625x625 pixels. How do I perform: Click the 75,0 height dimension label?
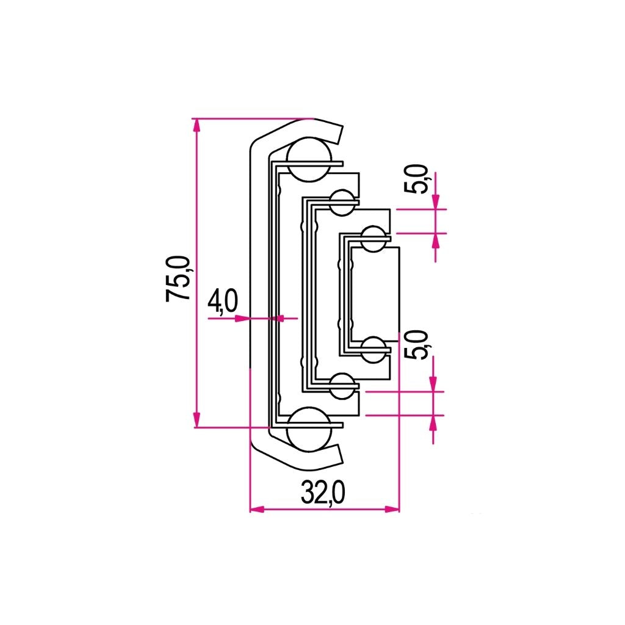pyautogui.click(x=178, y=278)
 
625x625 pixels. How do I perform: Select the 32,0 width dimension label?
pyautogui.click(x=323, y=493)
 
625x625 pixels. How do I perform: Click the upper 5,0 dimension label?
pyautogui.click(x=417, y=180)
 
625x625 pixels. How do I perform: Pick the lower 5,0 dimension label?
pyautogui.click(x=417, y=345)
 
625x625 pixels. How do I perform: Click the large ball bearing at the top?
pyautogui.click(x=309, y=160)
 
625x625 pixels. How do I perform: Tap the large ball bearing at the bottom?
pyautogui.click(x=309, y=429)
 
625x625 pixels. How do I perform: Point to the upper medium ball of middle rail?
pyautogui.click(x=342, y=203)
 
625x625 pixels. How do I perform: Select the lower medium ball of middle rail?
pyautogui.click(x=342, y=386)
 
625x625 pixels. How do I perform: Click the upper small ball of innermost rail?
pyautogui.click(x=374, y=239)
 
